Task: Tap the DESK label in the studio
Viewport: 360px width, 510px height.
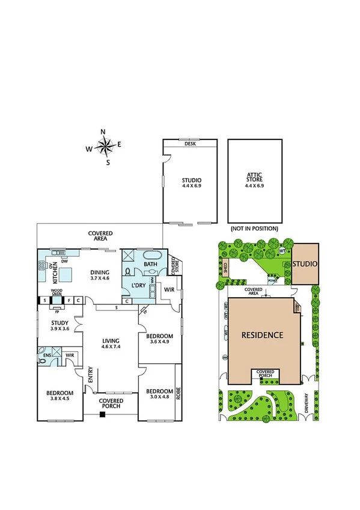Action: tap(190, 143)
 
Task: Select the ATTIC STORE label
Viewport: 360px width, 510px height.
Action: tap(255, 180)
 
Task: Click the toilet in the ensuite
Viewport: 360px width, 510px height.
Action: tap(42, 351)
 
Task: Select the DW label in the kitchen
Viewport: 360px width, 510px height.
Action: tap(63, 260)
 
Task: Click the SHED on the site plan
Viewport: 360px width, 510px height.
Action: tap(225, 268)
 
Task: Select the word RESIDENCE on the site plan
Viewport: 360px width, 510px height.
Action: tap(262, 334)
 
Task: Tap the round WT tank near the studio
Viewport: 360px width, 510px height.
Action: tap(282, 251)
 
